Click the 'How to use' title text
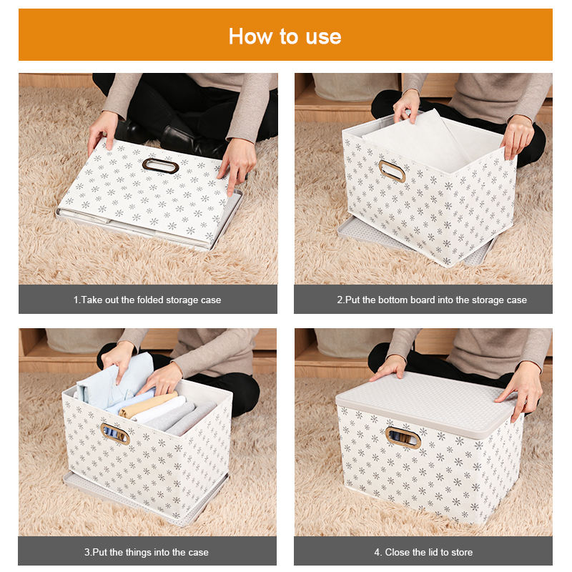285,36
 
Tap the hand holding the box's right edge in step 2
517,136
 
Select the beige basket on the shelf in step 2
355,87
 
